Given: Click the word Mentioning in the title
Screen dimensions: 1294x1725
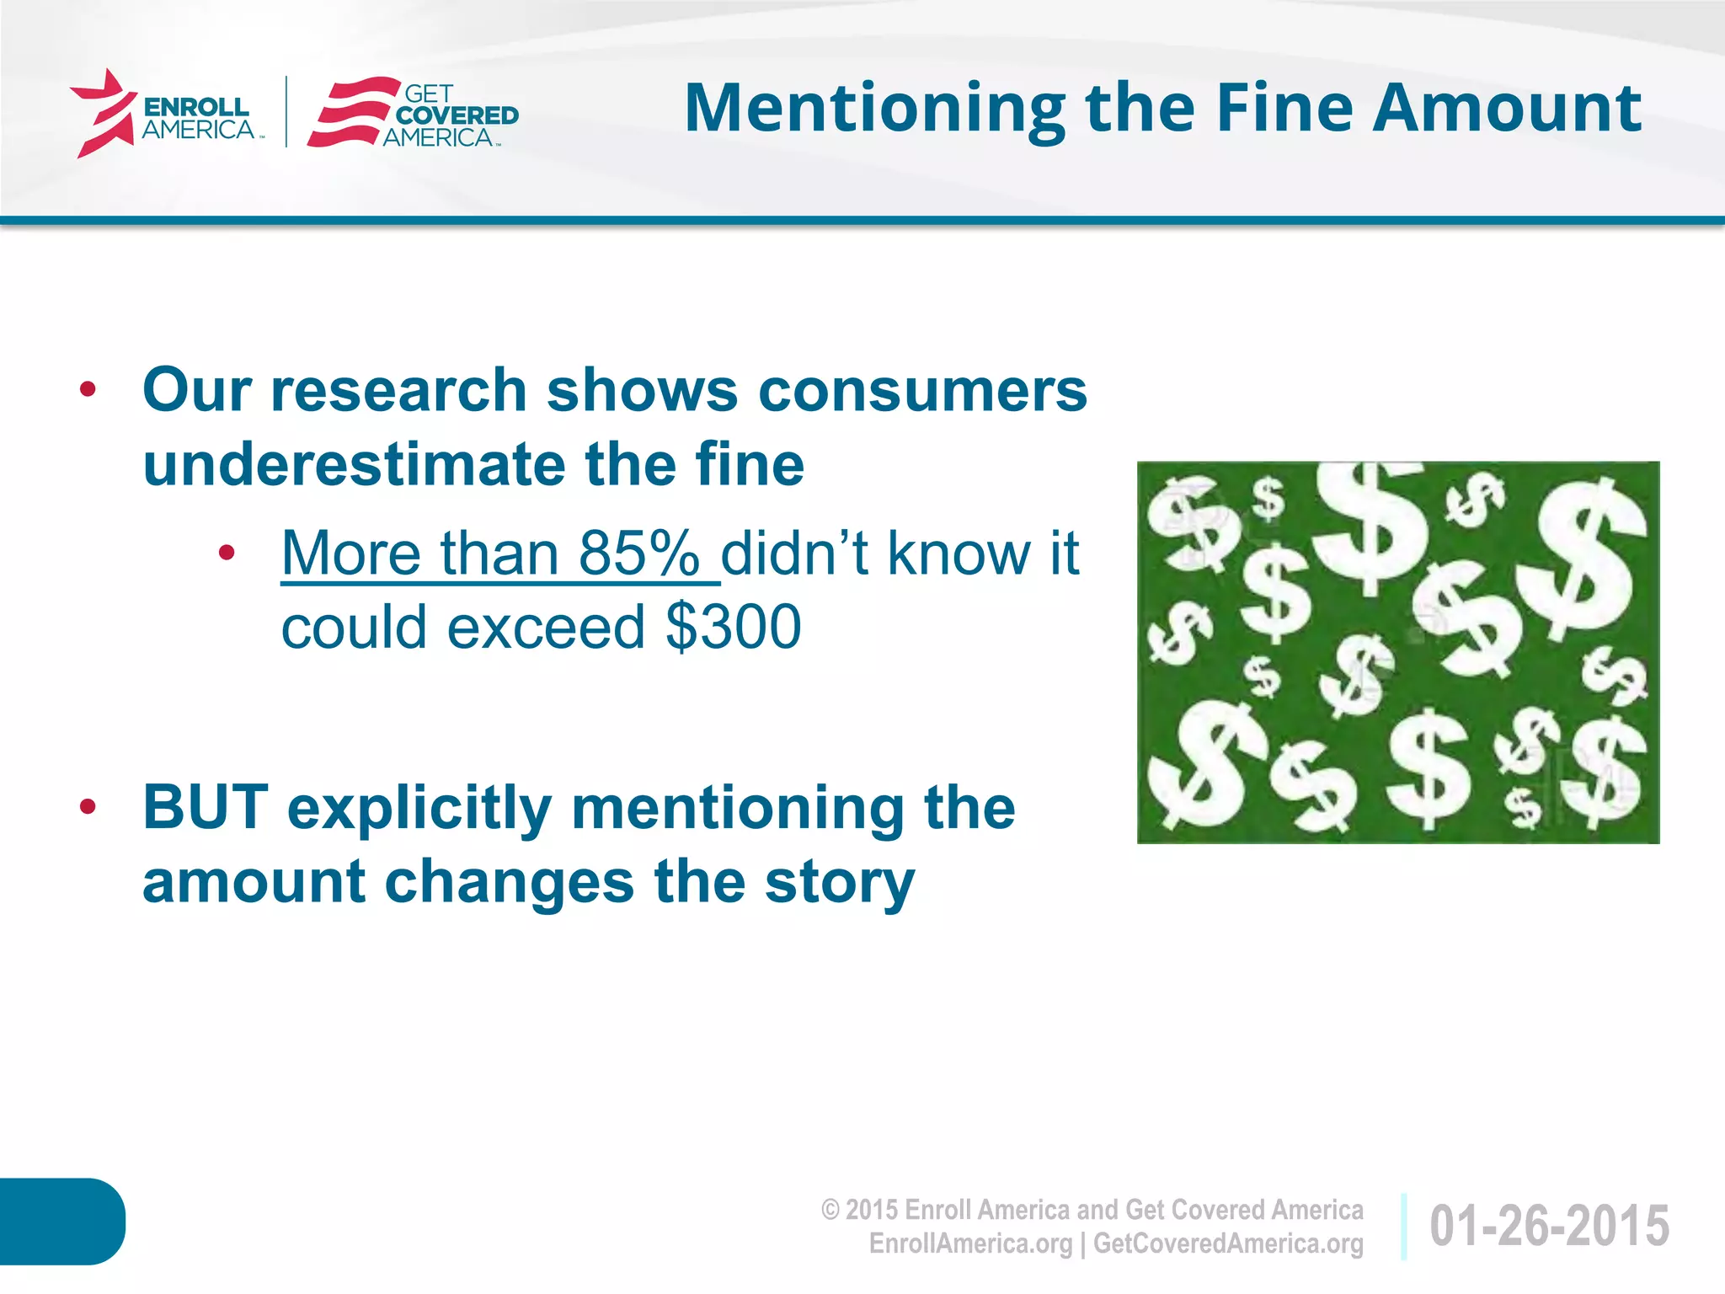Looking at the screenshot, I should pos(874,110).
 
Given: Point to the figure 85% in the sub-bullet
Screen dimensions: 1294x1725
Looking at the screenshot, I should pos(638,553).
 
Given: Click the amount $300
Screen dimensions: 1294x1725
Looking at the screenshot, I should pos(733,628).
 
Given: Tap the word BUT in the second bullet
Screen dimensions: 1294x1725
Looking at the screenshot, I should pos(206,807).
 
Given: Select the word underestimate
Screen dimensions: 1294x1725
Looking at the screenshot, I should pos(353,464).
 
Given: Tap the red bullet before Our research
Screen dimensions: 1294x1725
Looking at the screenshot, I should pos(88,390).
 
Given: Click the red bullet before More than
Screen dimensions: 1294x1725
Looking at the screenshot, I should pos(226,553).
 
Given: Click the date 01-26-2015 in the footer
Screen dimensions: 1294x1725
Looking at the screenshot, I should pos(1548,1226).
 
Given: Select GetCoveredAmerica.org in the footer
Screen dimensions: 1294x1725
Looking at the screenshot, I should pos(1227,1243).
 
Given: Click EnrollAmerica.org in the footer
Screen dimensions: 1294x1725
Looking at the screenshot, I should pos(969,1243).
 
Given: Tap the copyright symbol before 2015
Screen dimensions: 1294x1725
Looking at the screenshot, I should pos(830,1211).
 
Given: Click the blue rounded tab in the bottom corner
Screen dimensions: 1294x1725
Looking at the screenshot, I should pos(61,1221).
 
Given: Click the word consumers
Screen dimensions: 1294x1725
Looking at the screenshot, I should pos(922,391).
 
